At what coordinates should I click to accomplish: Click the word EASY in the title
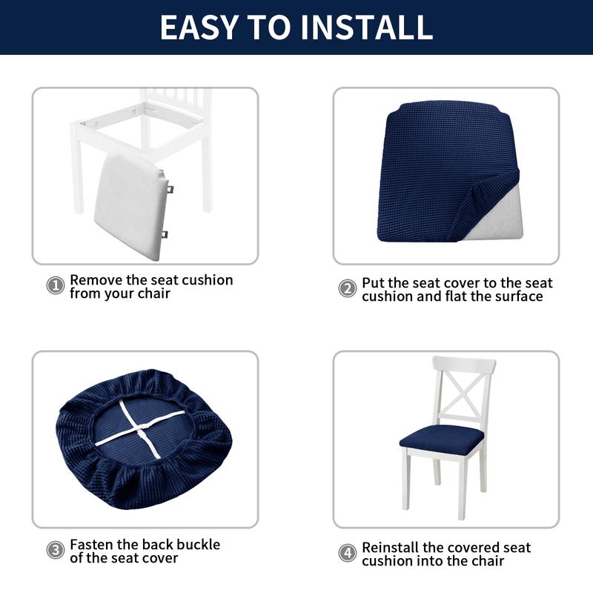pyautogui.click(x=199, y=27)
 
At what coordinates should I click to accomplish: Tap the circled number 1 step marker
pyautogui.click(x=56, y=285)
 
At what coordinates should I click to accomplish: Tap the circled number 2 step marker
pyautogui.click(x=347, y=288)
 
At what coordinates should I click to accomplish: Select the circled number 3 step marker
pyautogui.click(x=56, y=550)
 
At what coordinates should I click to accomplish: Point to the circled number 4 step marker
pyautogui.click(x=347, y=553)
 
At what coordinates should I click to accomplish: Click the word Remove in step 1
pyautogui.click(x=96, y=280)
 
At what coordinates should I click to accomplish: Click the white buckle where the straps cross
pyautogui.click(x=142, y=429)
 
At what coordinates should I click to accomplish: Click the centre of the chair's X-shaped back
pyautogui.click(x=465, y=394)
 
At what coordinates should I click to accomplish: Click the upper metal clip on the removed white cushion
pyautogui.click(x=170, y=189)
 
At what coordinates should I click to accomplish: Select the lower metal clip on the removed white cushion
pyautogui.click(x=164, y=235)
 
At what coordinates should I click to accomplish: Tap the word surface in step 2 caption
pyautogui.click(x=519, y=296)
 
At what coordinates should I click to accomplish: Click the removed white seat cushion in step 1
pyautogui.click(x=130, y=206)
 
